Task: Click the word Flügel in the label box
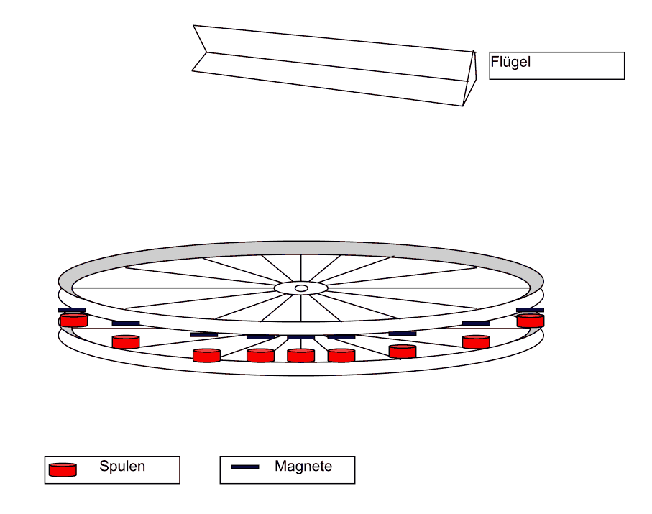click(x=510, y=63)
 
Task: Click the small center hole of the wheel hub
click(x=301, y=288)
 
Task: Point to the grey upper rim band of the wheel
click(x=301, y=247)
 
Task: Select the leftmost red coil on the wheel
click(x=73, y=320)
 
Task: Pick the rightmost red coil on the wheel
click(x=530, y=321)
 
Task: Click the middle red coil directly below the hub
click(x=300, y=355)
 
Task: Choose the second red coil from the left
click(x=126, y=341)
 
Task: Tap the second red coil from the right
click(x=476, y=341)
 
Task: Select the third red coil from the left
click(x=206, y=355)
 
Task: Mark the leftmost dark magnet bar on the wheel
click(x=72, y=310)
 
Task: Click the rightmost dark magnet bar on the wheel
click(x=530, y=310)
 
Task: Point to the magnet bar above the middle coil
click(x=300, y=337)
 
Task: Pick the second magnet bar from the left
click(x=126, y=323)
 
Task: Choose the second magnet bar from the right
click(x=476, y=323)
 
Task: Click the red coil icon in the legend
click(x=63, y=470)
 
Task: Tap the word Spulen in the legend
click(x=122, y=467)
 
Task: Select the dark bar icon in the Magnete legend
click(x=244, y=467)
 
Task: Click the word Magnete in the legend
click(x=303, y=467)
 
